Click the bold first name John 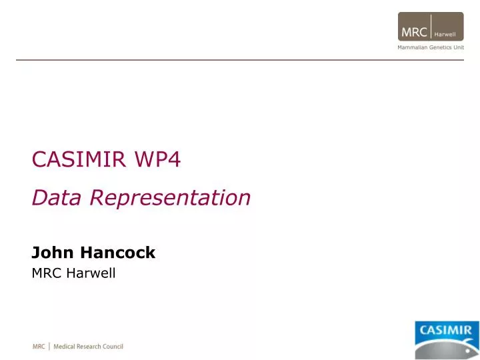coord(53,253)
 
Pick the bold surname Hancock coord(117,253)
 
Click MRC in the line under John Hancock coord(46,273)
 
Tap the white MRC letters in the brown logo coord(414,32)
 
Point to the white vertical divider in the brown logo coord(431,27)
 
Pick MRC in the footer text coord(39,347)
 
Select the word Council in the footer coord(113,347)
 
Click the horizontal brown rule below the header coord(240,60)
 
